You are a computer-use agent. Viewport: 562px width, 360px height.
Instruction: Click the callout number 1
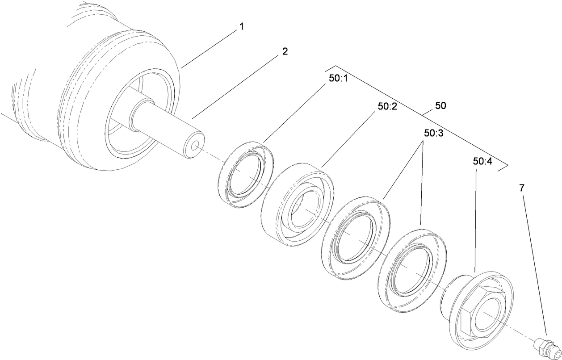click(241, 27)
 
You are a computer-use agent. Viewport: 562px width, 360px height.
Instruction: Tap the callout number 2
click(285, 51)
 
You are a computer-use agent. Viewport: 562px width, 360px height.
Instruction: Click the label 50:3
click(434, 133)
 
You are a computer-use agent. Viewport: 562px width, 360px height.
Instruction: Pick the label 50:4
click(482, 161)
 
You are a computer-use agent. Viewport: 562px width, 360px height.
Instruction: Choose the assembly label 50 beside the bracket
click(440, 106)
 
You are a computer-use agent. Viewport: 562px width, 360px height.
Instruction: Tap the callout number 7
click(522, 188)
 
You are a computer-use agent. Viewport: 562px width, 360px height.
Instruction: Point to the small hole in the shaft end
click(194, 147)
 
